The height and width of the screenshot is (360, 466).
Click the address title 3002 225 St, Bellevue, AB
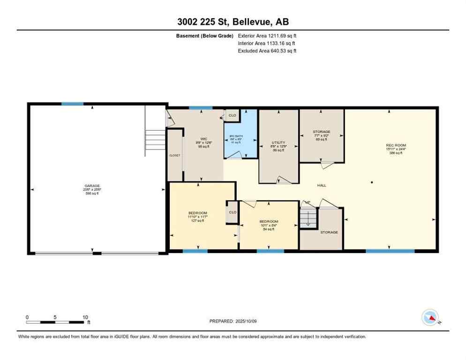233,22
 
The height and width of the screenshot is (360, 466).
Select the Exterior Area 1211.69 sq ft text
267,36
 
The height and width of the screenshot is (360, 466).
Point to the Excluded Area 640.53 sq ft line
267,51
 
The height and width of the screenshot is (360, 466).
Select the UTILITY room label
278,142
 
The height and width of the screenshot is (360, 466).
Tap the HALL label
322,186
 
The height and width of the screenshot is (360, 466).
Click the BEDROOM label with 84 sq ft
269,221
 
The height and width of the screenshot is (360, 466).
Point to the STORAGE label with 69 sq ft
322,132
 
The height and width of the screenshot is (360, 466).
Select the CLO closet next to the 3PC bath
232,115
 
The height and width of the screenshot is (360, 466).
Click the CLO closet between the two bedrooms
232,212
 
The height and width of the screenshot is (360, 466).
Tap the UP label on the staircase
308,202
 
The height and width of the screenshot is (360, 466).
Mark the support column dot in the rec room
371,182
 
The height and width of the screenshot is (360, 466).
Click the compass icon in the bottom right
430,318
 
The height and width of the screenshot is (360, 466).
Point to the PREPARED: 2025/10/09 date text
233,321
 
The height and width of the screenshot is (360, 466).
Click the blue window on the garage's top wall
72,104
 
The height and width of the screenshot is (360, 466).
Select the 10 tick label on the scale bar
85,317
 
